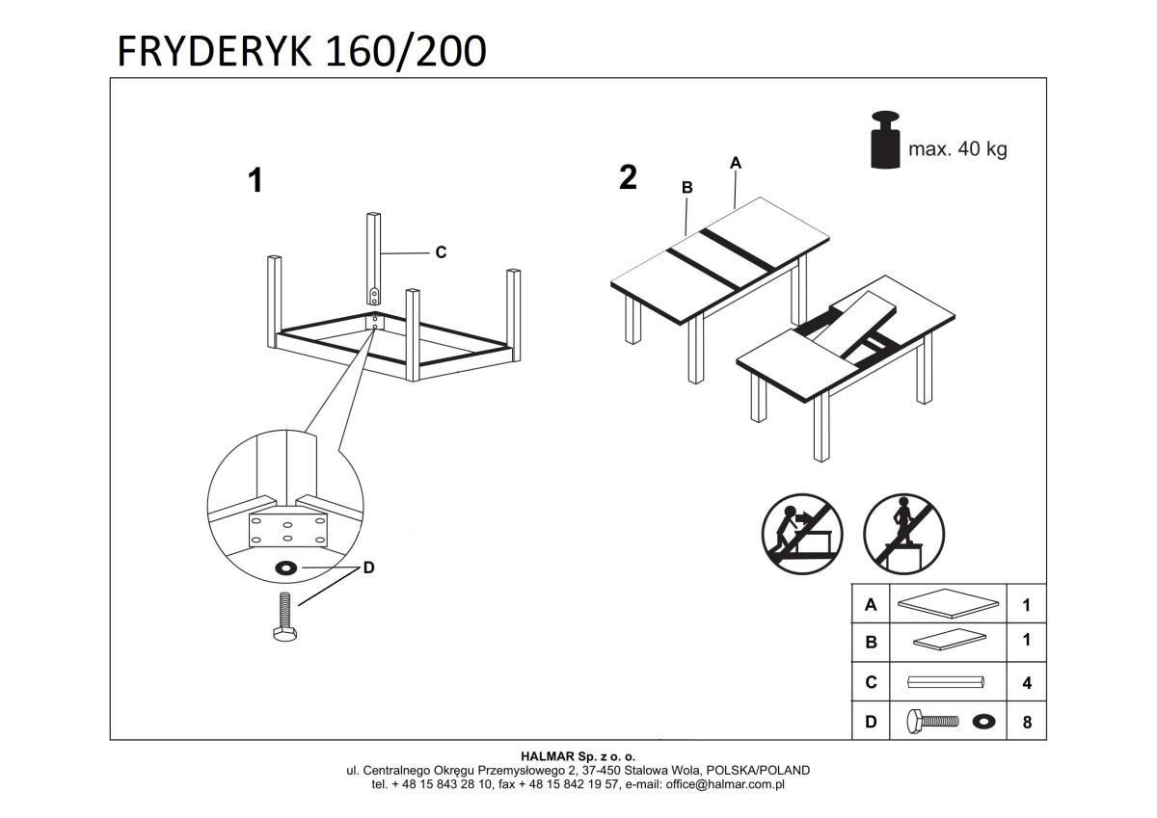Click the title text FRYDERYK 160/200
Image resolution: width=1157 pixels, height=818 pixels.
[x=301, y=51]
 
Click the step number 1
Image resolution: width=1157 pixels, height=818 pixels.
[x=256, y=180]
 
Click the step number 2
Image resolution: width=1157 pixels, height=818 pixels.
[x=628, y=177]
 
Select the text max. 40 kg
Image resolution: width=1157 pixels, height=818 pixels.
[x=957, y=149]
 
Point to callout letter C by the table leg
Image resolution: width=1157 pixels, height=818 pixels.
[x=441, y=252]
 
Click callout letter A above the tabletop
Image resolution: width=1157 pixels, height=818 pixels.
[x=736, y=163]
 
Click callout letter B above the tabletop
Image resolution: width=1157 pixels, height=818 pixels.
[x=687, y=188]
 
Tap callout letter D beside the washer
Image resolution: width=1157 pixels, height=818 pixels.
[x=368, y=568]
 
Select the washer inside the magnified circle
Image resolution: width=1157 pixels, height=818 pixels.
[x=286, y=567]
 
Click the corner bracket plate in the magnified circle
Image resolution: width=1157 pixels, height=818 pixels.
[x=288, y=529]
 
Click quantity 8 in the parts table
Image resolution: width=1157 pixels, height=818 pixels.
[x=1027, y=722]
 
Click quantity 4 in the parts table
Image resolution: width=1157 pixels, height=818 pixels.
[x=1027, y=682]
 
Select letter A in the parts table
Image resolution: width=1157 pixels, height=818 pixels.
[x=871, y=605]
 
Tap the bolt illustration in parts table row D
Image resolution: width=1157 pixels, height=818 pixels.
[x=932, y=721]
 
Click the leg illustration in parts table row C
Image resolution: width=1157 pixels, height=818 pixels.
[x=948, y=682]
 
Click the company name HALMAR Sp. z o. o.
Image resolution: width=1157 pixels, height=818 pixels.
[x=578, y=756]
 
